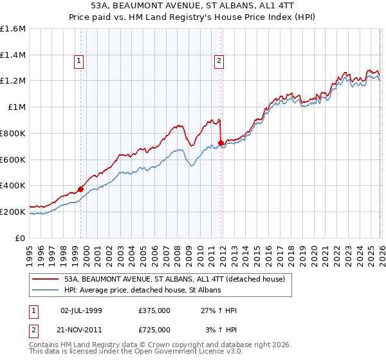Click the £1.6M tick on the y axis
pos(13,29)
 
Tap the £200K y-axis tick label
pos(13,212)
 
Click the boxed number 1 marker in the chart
pos(78,61)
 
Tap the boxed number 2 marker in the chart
pos(219,61)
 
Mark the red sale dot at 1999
pos(80,189)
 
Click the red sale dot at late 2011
pos(221,143)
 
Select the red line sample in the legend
pos(46,279)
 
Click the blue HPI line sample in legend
pos(46,291)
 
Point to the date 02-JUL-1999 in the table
pos(81,310)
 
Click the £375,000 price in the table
pos(154,310)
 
